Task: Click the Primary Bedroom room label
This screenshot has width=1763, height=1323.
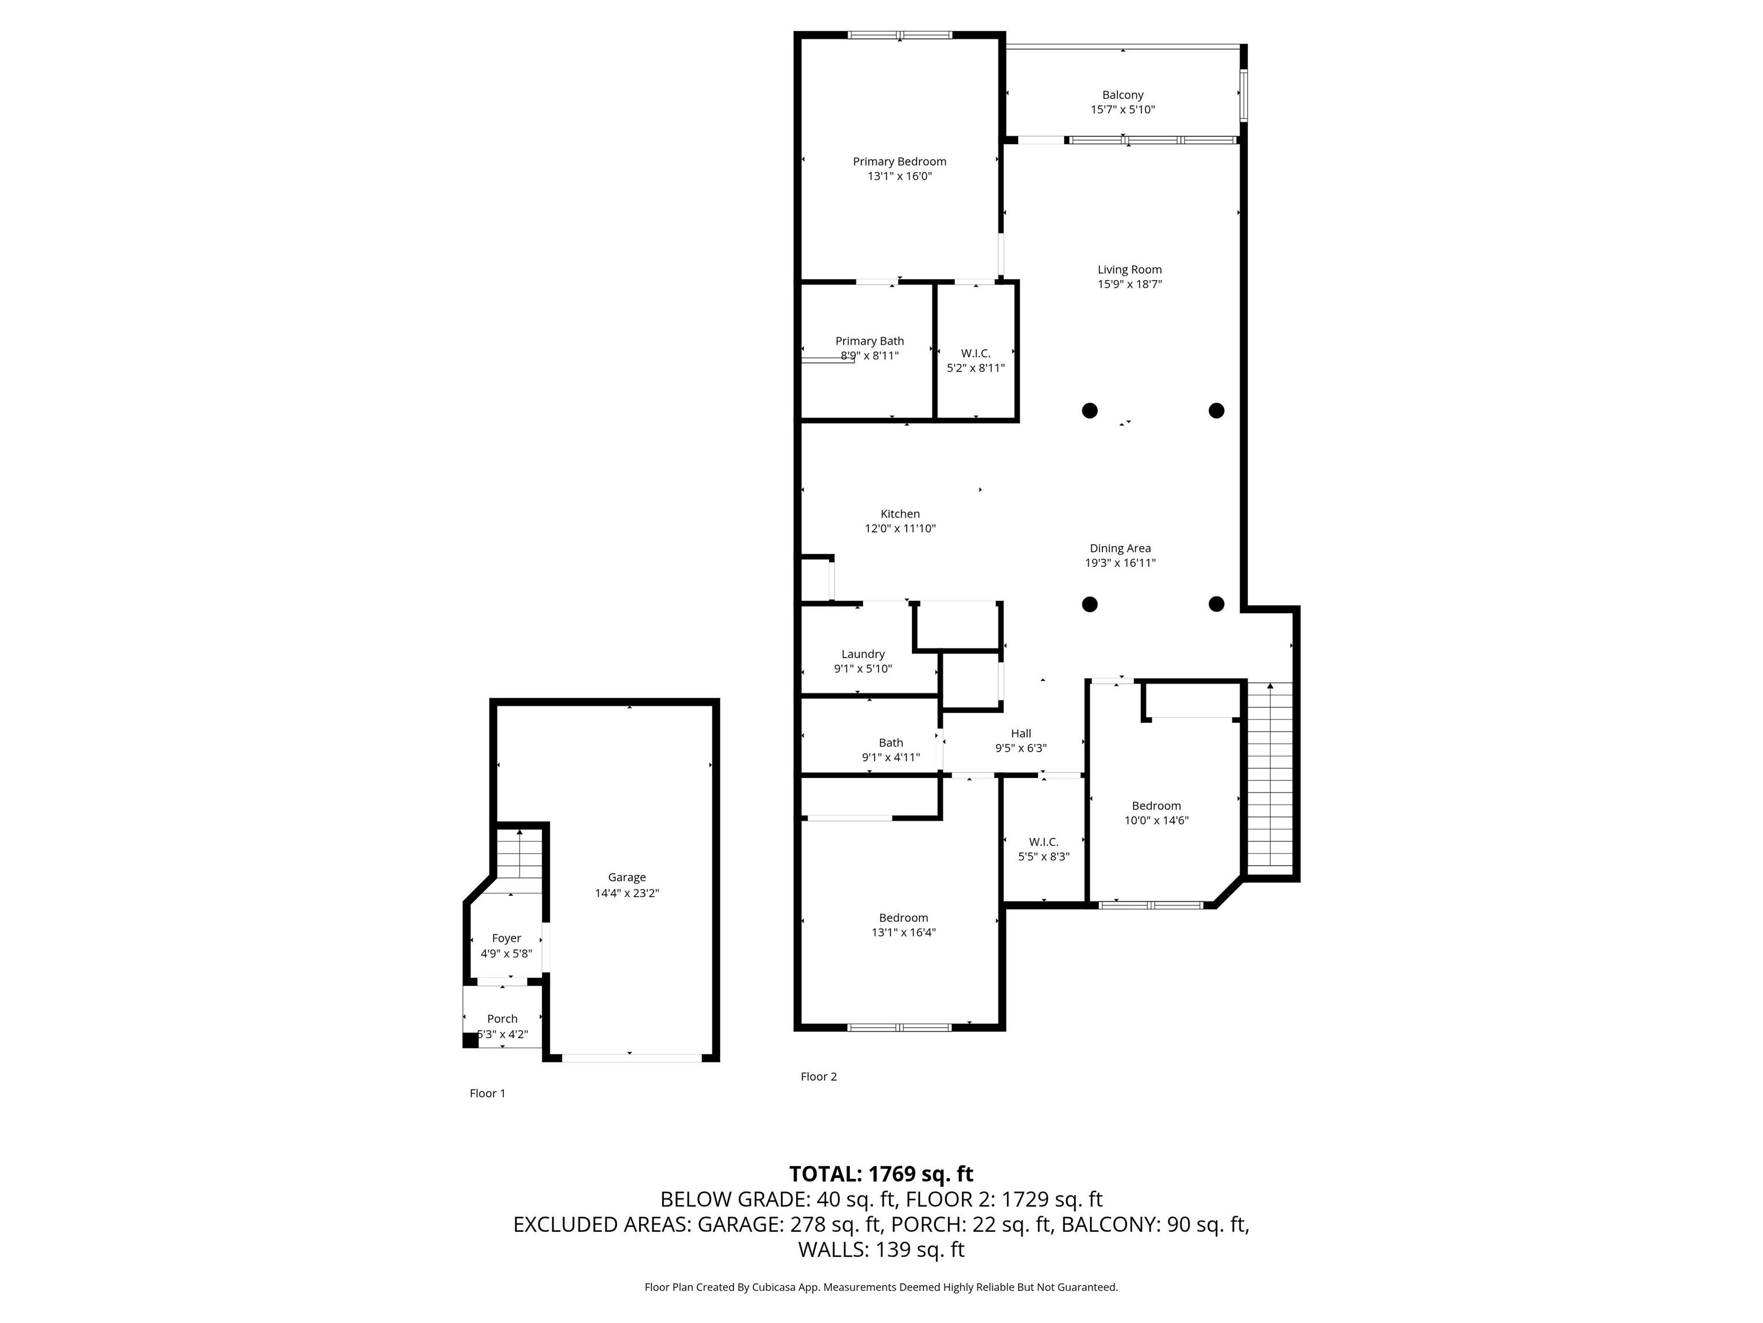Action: coord(899,161)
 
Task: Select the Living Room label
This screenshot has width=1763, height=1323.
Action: coord(1129,269)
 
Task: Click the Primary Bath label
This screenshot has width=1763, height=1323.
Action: coord(869,341)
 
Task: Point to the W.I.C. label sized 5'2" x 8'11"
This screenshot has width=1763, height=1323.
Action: coord(976,353)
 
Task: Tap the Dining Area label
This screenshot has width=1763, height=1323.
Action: coord(1120,548)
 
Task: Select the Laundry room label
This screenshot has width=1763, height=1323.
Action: coord(863,654)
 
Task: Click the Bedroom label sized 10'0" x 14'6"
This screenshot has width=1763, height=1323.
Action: coord(1156,806)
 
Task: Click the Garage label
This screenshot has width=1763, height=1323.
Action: coord(627,877)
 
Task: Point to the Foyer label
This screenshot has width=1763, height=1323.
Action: coord(506,938)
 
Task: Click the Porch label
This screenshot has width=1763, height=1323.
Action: coord(502,1018)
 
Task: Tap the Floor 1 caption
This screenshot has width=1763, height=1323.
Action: coord(487,1093)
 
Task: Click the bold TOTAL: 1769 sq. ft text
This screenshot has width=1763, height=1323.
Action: coord(881,1174)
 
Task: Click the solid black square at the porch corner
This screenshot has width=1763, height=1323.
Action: coord(470,1040)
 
